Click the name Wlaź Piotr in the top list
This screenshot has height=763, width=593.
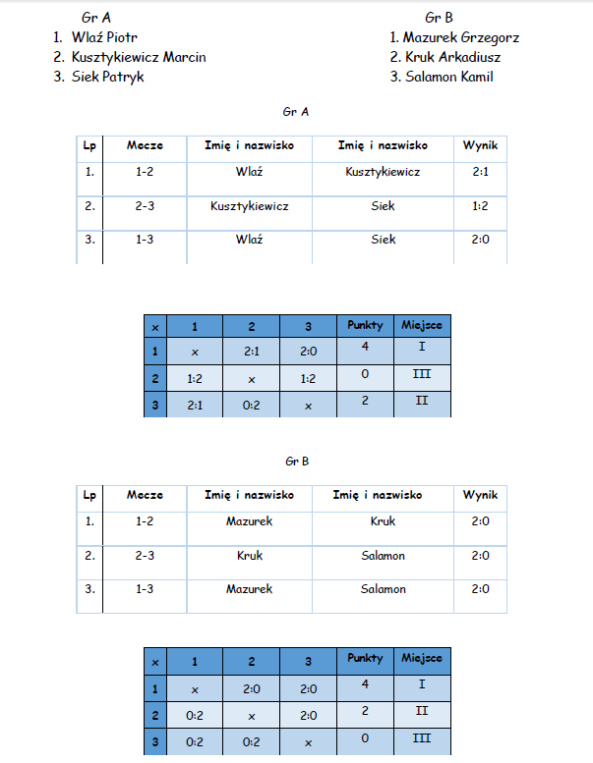[104, 37]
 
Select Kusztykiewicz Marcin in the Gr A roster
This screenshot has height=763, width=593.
[139, 57]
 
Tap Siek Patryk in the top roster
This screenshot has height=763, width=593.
[107, 77]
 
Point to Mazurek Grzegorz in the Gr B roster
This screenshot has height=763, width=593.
[460, 37]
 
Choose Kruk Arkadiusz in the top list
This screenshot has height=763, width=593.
[451, 57]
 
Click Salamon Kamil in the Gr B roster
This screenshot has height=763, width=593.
[447, 77]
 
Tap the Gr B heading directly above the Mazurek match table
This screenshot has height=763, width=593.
[296, 460]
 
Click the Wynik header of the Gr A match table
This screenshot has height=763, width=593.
[480, 145]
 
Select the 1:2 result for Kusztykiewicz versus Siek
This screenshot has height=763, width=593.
[480, 206]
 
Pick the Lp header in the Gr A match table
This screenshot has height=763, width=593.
[89, 145]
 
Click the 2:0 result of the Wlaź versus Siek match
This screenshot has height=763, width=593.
[480, 239]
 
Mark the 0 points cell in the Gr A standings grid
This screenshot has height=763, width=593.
[366, 374]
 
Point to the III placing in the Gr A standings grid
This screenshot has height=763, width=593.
[422, 374]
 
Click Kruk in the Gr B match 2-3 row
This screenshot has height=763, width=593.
[250, 556]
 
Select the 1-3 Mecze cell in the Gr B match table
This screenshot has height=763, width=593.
[145, 589]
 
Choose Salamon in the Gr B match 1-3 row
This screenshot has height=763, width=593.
[384, 589]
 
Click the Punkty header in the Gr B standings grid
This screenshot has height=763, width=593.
[366, 659]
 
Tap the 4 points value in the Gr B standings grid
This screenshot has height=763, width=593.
[366, 683]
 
